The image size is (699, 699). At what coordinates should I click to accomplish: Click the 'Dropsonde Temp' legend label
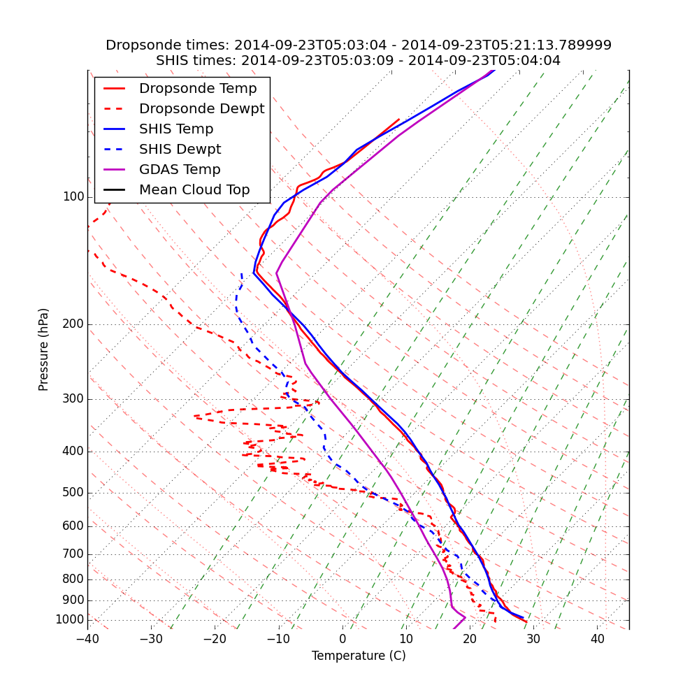coord(198,89)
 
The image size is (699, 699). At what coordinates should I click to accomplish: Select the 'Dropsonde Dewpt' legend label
coord(201,109)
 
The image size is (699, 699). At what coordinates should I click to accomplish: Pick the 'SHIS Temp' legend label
coord(176,129)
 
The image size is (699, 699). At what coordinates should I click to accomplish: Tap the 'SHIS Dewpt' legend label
coord(180,150)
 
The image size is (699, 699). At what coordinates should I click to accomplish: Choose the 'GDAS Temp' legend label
coord(180,170)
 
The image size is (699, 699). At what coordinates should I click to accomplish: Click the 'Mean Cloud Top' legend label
coord(194,190)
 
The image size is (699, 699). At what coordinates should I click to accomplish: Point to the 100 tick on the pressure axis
coord(73,197)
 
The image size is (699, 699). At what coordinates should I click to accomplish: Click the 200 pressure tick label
coord(73,324)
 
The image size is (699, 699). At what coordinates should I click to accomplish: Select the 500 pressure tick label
coord(73,493)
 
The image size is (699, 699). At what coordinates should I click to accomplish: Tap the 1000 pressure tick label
coord(70,620)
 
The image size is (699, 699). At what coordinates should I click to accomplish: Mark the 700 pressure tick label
coord(73,554)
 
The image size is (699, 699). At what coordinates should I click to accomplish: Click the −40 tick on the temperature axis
coord(87,639)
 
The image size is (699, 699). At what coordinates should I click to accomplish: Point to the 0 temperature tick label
coord(343,639)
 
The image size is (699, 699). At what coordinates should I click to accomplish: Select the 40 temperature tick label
coord(597,639)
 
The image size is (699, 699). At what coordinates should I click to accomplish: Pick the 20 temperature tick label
coord(470,639)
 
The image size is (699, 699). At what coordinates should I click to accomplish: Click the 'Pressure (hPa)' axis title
coord(44,349)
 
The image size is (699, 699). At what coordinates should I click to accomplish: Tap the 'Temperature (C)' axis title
coord(359,656)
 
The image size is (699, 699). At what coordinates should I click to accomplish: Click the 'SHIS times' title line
coord(358,61)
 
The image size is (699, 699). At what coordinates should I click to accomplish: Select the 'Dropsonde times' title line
coord(358,45)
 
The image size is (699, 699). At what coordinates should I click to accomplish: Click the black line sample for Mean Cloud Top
coord(115,190)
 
